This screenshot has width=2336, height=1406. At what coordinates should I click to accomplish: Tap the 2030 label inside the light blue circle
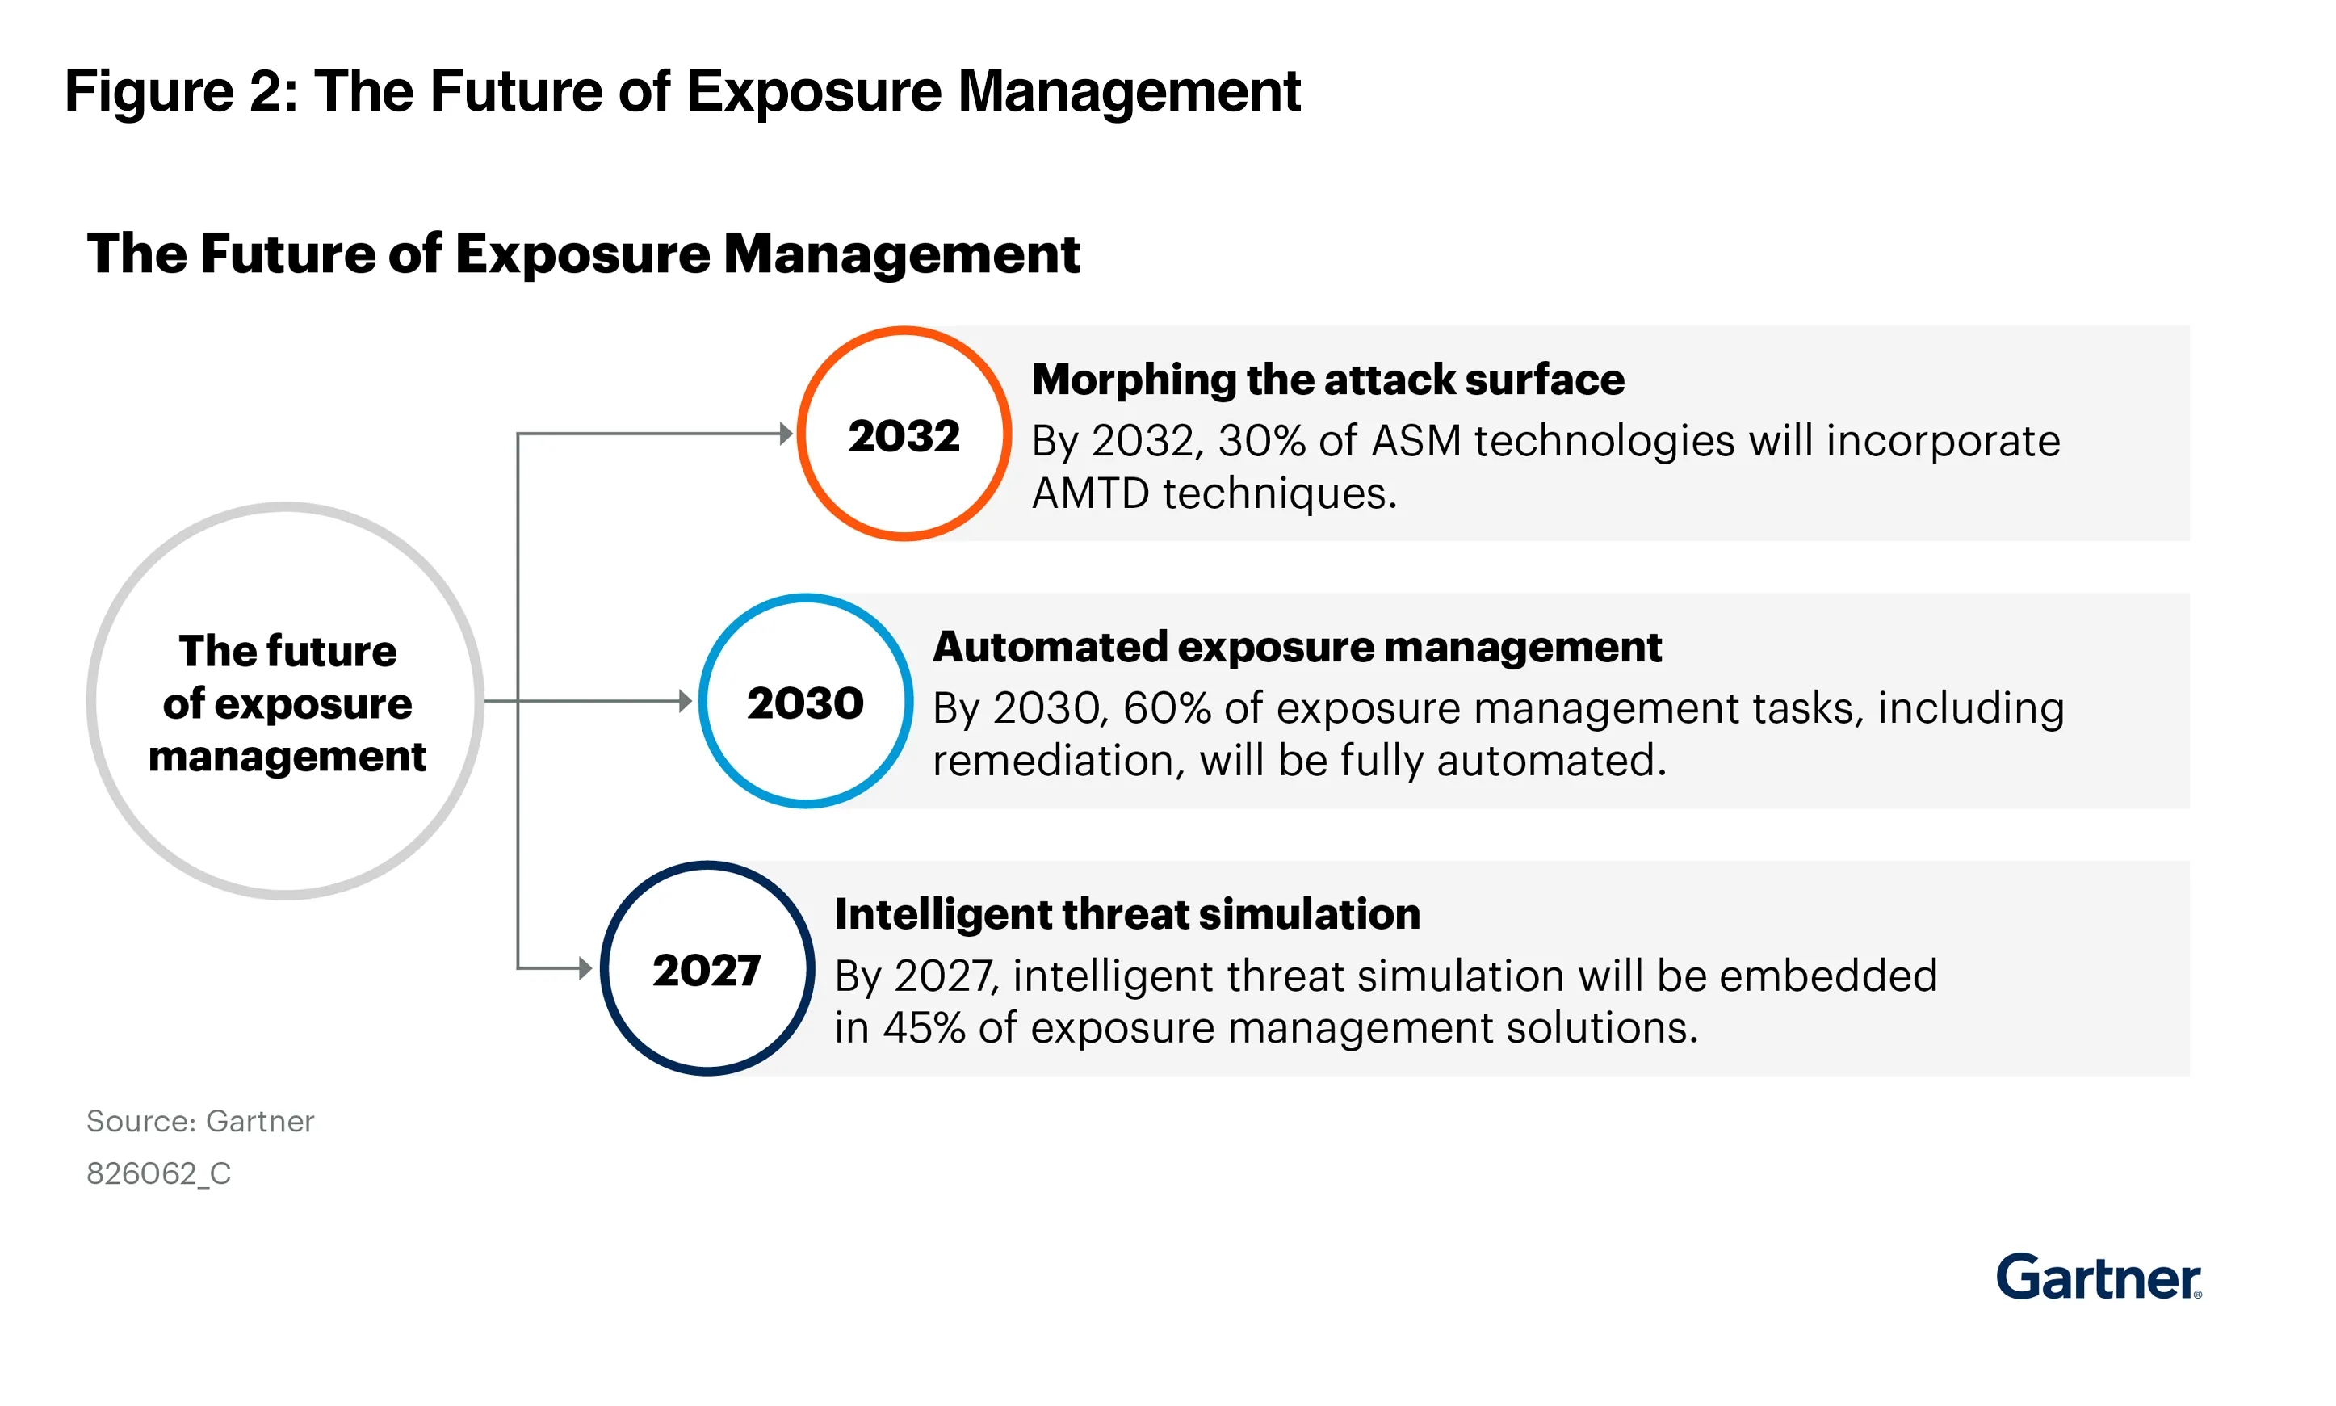(x=804, y=702)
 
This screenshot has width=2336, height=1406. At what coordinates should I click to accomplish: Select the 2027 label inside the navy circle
(x=706, y=969)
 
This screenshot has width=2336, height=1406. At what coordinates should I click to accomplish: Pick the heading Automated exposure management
(x=1296, y=646)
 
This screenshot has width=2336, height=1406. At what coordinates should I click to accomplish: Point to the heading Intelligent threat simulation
(x=1126, y=913)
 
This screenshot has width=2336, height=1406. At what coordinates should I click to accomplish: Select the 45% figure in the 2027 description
(x=923, y=1027)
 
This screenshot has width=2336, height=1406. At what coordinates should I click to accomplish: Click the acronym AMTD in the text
(x=1089, y=493)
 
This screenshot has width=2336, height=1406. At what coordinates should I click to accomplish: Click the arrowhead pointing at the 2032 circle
(x=786, y=434)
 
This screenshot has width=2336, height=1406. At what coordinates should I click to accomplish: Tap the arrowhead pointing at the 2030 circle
(x=686, y=701)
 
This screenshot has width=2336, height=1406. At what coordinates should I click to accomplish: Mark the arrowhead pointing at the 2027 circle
(x=585, y=967)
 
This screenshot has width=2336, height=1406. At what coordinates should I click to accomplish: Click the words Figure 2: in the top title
(x=181, y=91)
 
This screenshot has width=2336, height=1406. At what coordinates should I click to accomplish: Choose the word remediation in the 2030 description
(x=1057, y=761)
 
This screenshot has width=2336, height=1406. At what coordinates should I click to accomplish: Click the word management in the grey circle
(x=287, y=756)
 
